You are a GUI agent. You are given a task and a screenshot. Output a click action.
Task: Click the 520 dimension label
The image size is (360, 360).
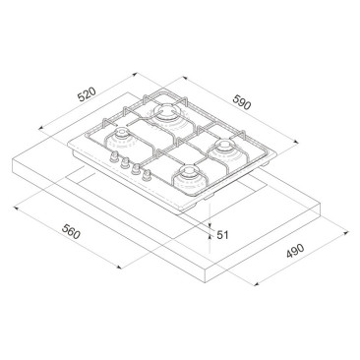(87, 94)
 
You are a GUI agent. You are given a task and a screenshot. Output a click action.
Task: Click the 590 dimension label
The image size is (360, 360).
(242, 101)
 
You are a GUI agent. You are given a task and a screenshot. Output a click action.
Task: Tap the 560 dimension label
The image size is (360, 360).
(71, 232)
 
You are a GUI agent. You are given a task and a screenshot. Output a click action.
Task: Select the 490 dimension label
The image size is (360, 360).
(295, 251)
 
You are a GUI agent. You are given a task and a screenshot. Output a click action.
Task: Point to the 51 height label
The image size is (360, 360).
(222, 235)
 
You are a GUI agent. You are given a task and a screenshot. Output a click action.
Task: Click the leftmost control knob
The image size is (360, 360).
(114, 156)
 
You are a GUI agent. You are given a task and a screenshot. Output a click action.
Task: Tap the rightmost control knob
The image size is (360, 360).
(147, 175)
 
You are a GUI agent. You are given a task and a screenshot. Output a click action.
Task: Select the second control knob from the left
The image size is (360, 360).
(125, 162)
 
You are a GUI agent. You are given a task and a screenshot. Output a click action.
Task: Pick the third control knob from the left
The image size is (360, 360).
(136, 168)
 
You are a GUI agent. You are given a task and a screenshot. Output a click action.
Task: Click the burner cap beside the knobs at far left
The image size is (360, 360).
(121, 133)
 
